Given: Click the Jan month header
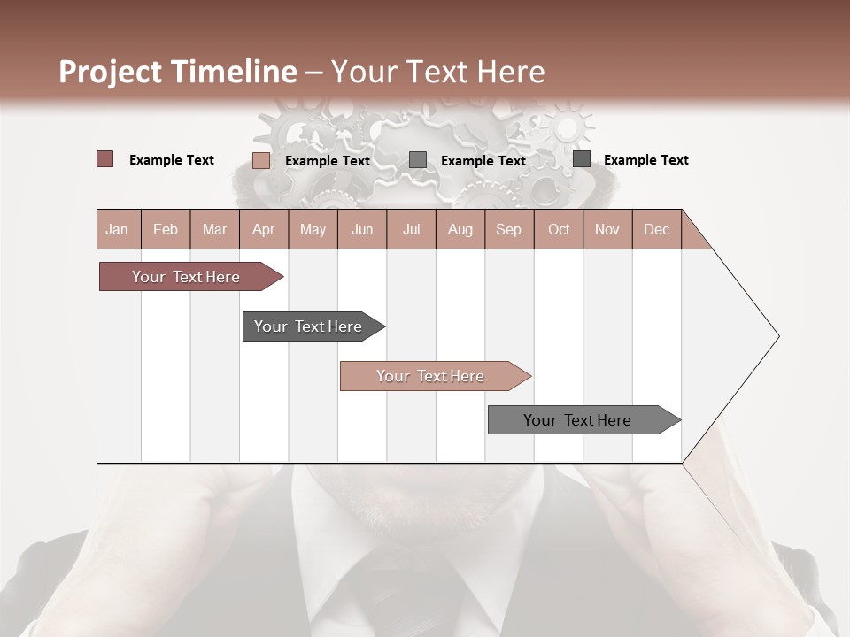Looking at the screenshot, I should [118, 229].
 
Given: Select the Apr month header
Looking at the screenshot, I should [264, 229].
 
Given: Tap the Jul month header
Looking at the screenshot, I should [412, 229].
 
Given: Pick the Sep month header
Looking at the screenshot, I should [509, 229].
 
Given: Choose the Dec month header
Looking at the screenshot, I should [657, 229].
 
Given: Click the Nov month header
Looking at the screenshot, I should [607, 229].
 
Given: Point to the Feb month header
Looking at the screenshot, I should [166, 229].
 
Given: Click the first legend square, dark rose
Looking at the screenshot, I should [104, 159].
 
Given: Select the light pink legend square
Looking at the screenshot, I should [260, 160].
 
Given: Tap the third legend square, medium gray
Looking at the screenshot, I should [418, 160].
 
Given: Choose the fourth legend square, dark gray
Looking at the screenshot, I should [582, 159].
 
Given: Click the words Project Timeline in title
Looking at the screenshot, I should [177, 72].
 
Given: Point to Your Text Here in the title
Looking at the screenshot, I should [438, 72].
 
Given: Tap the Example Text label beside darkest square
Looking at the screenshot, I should [645, 160].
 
